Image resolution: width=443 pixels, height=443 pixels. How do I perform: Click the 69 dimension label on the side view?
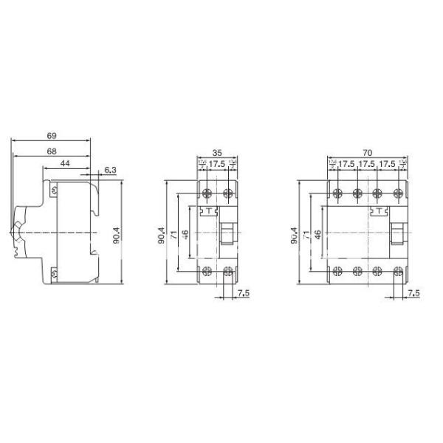click(52, 137)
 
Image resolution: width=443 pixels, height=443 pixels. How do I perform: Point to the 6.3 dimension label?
click(110, 171)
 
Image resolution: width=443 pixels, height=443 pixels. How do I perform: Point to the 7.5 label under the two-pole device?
click(244, 293)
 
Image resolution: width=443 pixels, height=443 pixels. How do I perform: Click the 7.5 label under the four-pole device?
click(413, 293)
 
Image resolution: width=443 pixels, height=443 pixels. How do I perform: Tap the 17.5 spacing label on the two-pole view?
click(218, 164)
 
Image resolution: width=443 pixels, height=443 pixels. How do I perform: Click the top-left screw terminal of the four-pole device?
click(338, 194)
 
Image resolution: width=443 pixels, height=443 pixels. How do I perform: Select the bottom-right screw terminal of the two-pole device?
click(228, 270)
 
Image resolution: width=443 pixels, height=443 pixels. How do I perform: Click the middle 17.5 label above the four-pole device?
click(367, 164)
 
